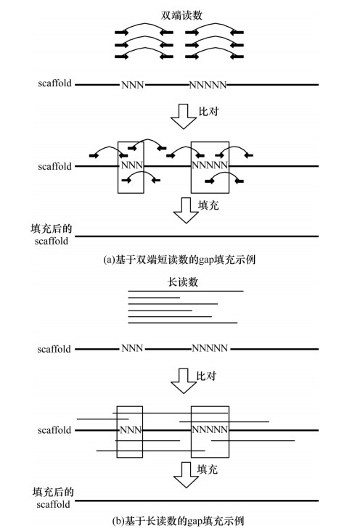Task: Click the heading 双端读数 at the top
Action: click(181, 15)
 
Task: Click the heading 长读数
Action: click(183, 282)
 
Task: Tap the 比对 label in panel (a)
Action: click(208, 112)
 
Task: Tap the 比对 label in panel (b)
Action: click(206, 376)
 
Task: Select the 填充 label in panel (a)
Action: click(208, 205)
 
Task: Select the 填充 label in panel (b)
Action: click(208, 469)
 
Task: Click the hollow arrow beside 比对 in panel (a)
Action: click(184, 117)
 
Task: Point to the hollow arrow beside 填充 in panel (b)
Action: click(186, 475)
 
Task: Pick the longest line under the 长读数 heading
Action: click(186, 291)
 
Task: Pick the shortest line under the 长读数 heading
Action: click(154, 297)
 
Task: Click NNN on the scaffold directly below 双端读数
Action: click(133, 85)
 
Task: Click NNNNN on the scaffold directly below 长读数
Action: click(210, 348)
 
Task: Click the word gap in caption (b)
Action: click(195, 521)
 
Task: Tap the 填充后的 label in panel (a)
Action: click(52, 229)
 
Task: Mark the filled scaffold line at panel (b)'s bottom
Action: click(197, 501)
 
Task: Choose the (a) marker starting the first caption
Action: click(109, 260)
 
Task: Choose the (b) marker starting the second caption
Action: click(118, 521)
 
